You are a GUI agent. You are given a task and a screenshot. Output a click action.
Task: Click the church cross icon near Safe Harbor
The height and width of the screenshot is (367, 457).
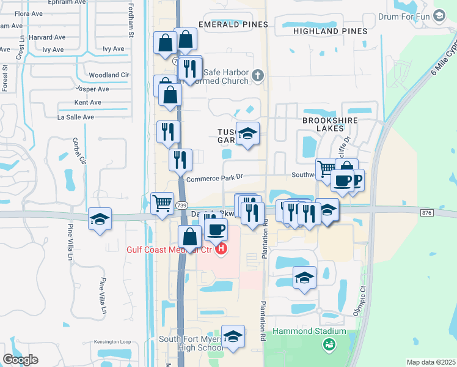(258, 76)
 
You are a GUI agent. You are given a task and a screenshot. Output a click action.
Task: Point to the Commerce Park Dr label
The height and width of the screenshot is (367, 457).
(214, 179)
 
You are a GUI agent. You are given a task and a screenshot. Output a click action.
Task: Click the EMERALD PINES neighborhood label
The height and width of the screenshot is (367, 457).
(233, 24)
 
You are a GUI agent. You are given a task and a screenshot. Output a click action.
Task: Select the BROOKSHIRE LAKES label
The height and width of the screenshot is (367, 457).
(330, 120)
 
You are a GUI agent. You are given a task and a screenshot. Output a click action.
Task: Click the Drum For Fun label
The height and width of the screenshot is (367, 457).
(405, 17)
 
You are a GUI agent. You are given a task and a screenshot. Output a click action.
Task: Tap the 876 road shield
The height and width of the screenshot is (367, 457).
(426, 212)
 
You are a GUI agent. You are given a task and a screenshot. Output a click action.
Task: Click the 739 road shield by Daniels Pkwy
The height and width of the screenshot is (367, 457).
(183, 204)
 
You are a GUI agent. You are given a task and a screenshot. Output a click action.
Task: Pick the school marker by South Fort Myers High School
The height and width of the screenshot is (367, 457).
(233, 336)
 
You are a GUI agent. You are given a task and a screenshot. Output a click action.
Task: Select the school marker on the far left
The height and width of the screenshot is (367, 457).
(100, 219)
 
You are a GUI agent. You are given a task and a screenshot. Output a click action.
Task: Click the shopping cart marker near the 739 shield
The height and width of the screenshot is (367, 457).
(162, 202)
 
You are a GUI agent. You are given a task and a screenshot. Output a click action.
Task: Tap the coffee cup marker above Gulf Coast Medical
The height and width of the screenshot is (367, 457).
(216, 231)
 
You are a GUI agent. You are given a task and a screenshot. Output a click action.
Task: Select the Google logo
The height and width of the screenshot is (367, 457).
(20, 360)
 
